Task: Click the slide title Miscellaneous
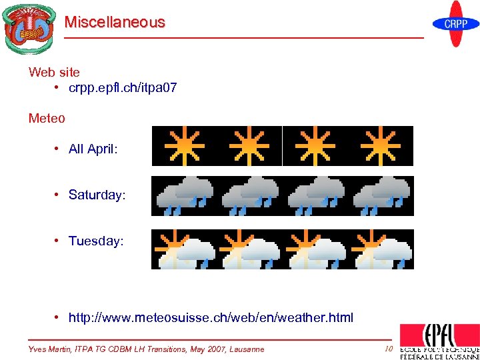(115, 22)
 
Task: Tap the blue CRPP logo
(456, 24)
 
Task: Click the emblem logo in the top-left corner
(28, 28)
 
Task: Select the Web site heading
(54, 72)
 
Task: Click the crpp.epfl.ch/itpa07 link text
(123, 88)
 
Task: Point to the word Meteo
(47, 119)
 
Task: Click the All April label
(93, 149)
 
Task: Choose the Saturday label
(97, 195)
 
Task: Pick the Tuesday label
(96, 241)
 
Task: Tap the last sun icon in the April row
(381, 145)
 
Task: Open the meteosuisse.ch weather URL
(211, 317)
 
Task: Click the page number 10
(388, 349)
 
